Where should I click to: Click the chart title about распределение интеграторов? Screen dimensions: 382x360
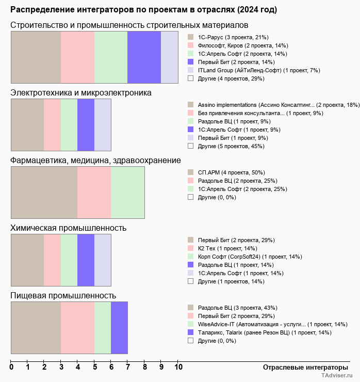coord(143,10)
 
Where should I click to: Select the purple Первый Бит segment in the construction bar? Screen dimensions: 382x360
coord(144,57)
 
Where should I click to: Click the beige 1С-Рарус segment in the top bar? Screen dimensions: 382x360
coord(36,57)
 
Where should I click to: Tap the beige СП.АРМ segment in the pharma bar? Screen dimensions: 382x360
coord(44,193)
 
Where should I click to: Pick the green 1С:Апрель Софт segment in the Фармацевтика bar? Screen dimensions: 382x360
coord(127,193)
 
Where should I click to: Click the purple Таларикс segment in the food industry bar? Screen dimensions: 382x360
coord(119,328)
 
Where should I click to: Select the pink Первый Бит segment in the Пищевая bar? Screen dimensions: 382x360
coord(77,328)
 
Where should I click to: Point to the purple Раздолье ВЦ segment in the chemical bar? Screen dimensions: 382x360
coord(86,260)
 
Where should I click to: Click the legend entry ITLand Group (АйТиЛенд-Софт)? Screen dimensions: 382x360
coord(259,70)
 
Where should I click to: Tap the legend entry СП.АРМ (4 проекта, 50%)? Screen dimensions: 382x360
coord(231,172)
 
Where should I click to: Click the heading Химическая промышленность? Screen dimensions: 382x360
coord(68,228)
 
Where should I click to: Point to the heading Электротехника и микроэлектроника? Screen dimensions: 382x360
coord(81,93)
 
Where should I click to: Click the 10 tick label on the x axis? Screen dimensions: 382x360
coord(178,368)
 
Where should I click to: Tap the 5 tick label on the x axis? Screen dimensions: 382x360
coord(94,368)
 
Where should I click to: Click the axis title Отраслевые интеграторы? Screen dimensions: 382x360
coord(302,367)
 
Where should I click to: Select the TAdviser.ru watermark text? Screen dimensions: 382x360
coord(337,376)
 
